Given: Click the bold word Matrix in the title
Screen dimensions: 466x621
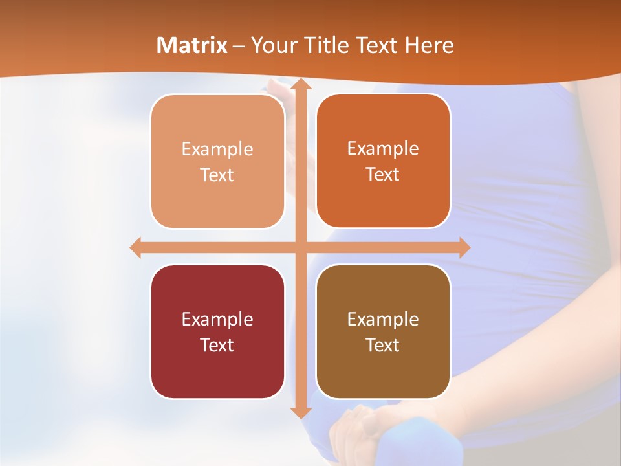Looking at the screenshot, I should (x=192, y=45).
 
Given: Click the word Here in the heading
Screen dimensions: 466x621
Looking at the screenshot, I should (x=430, y=45).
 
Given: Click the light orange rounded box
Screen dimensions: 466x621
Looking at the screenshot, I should (x=217, y=162).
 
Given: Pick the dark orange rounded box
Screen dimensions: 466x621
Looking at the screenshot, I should (x=383, y=162).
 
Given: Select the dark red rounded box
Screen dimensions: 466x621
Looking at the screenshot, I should (x=217, y=332).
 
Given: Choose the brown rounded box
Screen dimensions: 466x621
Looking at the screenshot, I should (x=383, y=332).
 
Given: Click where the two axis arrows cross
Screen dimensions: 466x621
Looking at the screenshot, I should (x=300, y=247).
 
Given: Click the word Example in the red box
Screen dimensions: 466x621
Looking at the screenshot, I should (x=217, y=319).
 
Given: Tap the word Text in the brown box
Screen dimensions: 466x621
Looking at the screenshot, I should (x=383, y=346).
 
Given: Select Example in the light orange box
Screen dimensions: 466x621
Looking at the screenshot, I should (x=217, y=149).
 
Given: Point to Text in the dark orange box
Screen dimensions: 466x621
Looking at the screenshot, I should (x=383, y=175).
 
